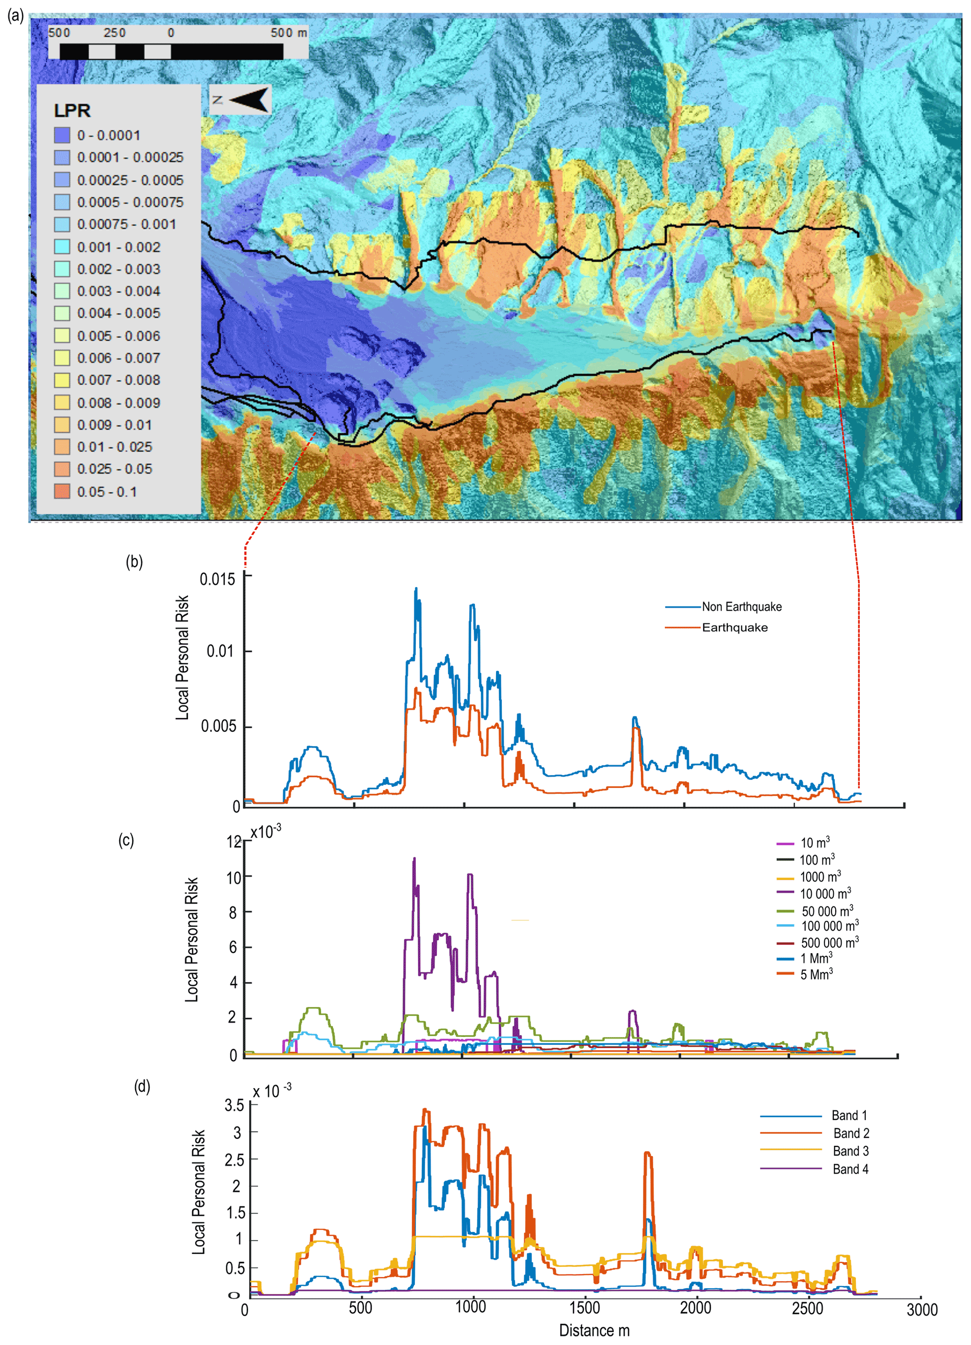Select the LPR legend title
click(x=72, y=111)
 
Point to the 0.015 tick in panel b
click(x=217, y=579)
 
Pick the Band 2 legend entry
click(x=851, y=1133)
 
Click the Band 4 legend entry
click(x=850, y=1169)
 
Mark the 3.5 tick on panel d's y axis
click(x=234, y=1105)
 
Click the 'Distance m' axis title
click(x=594, y=1330)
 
